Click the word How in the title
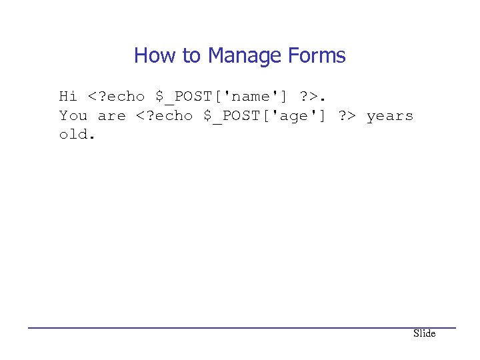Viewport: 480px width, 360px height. click(151, 55)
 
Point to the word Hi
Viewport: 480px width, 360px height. click(68, 97)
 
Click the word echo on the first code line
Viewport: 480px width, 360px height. click(125, 97)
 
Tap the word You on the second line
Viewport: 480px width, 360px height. click(73, 116)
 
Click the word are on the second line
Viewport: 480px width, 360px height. click(111, 116)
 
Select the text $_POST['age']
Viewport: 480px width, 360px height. click(261, 116)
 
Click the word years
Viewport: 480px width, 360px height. click(390, 116)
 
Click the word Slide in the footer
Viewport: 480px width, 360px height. click(424, 333)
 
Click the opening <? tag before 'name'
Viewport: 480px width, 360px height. click(97, 97)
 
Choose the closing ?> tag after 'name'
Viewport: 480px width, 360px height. click(309, 97)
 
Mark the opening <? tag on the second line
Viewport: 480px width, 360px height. click(145, 116)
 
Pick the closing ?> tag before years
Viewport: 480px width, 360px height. click(347, 116)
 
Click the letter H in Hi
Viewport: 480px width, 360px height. click(63, 97)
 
